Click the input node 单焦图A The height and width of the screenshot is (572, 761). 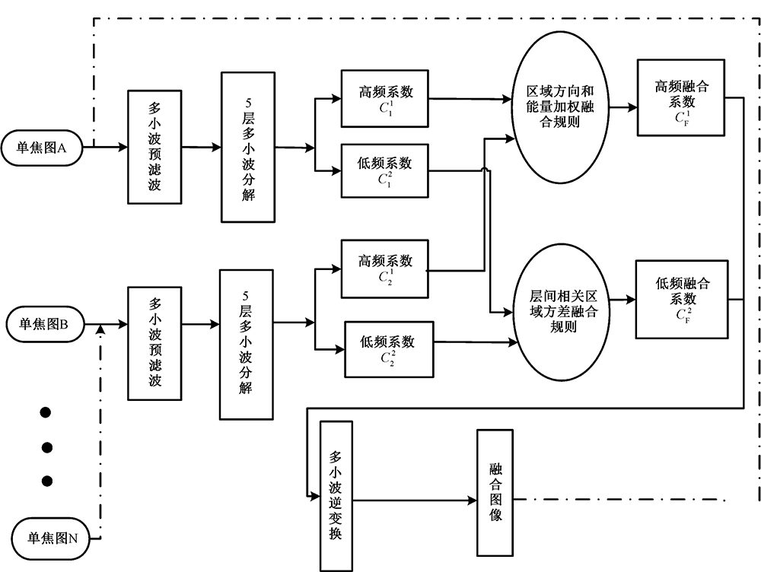pyautogui.click(x=43, y=148)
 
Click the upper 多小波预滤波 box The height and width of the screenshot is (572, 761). pyautogui.click(x=155, y=148)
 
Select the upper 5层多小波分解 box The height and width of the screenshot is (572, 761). pyautogui.click(x=248, y=148)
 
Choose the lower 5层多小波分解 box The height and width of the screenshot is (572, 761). pyautogui.click(x=247, y=344)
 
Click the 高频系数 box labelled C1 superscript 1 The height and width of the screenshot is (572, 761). pyautogui.click(x=385, y=99)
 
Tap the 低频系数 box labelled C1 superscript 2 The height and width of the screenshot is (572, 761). pyautogui.click(x=385, y=170)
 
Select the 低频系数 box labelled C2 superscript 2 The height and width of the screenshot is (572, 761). pyautogui.click(x=389, y=349)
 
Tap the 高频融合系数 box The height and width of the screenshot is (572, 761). pyautogui.click(x=680, y=99)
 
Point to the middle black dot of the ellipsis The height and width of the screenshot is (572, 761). pyautogui.click(x=46, y=446)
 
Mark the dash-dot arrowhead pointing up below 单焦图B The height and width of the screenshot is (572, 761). pyautogui.click(x=100, y=329)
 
